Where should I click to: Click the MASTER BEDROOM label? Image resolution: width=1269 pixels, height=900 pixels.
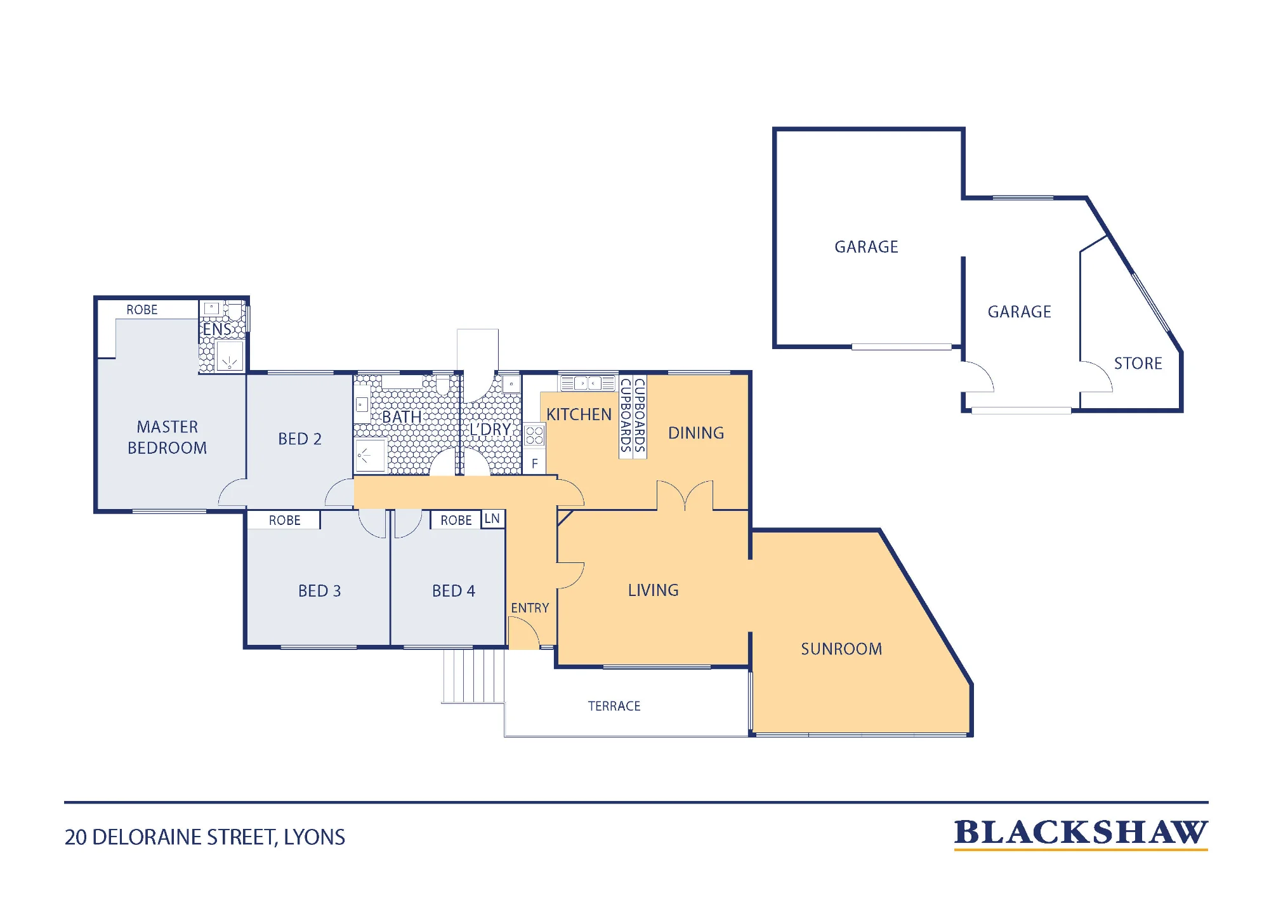click(168, 437)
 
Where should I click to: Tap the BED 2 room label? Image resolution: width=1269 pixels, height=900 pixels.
click(299, 439)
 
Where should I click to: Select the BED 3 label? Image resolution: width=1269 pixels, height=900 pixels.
click(320, 591)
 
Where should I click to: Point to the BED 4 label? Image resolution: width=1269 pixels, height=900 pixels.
click(454, 591)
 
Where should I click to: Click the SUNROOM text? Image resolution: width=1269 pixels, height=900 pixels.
click(841, 649)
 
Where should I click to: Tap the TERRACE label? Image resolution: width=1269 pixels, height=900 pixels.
click(614, 706)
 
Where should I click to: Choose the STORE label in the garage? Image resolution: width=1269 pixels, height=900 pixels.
click(1138, 364)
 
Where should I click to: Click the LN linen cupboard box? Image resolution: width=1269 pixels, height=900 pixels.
click(493, 519)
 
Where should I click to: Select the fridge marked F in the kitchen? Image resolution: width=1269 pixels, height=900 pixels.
click(534, 463)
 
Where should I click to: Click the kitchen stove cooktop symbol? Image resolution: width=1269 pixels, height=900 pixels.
click(534, 435)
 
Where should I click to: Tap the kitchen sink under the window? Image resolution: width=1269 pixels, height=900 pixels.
click(588, 383)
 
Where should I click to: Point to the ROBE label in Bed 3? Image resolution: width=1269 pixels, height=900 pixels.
click(285, 520)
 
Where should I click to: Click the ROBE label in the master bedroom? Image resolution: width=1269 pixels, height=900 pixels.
click(142, 310)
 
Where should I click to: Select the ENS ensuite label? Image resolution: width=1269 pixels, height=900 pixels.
click(217, 329)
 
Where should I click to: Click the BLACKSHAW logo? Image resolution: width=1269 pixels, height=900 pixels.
click(1081, 834)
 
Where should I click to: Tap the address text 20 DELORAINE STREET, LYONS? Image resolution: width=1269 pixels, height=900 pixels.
click(205, 837)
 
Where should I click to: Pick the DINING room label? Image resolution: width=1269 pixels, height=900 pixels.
click(696, 433)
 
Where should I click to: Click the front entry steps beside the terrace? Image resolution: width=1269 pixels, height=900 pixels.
click(473, 675)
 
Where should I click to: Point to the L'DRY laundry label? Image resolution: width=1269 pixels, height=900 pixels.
click(490, 430)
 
